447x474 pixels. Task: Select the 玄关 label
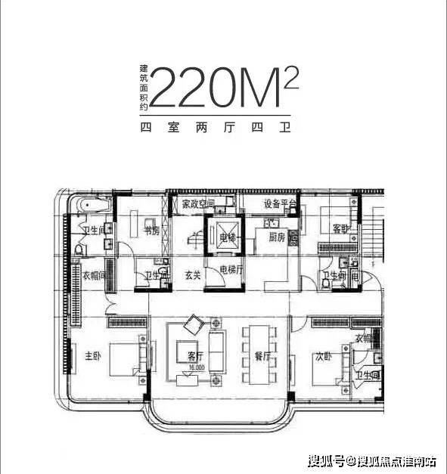click(x=192, y=275)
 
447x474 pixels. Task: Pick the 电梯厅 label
click(x=231, y=268)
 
